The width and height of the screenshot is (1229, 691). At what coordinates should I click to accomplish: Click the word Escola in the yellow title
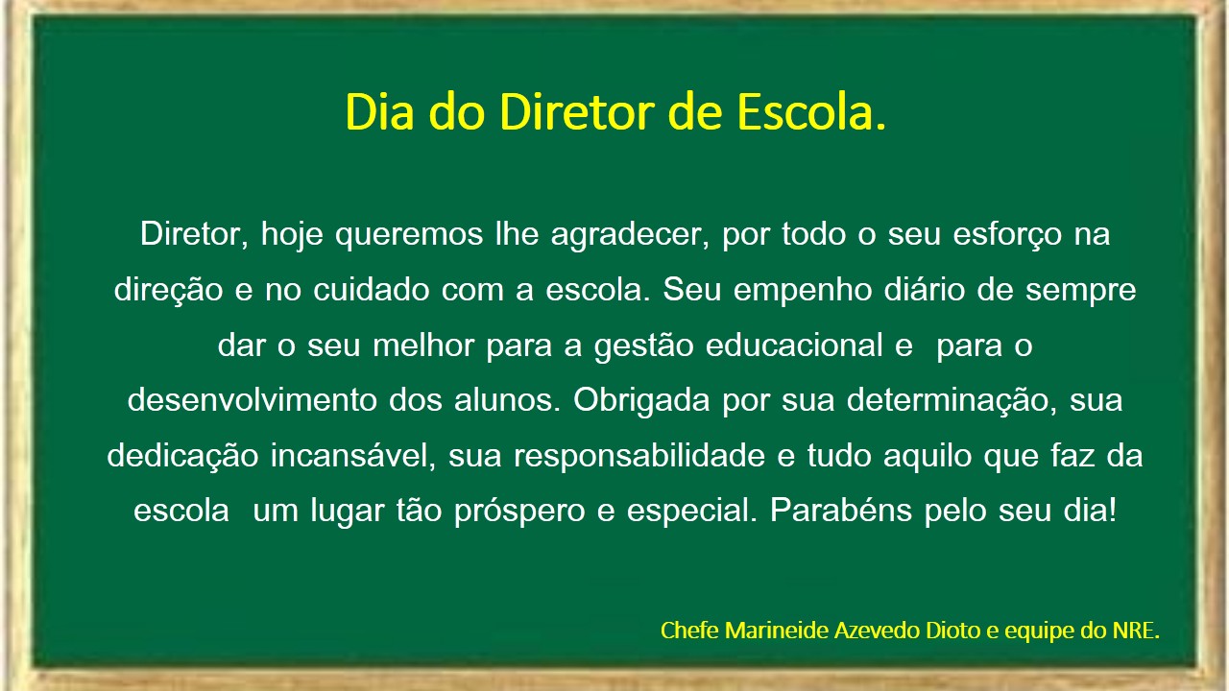[x=806, y=112]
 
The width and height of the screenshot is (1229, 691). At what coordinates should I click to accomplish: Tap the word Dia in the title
[x=379, y=112]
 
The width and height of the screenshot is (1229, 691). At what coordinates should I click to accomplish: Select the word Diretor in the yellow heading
[x=577, y=112]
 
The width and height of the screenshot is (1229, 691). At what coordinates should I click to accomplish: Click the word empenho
[x=803, y=291]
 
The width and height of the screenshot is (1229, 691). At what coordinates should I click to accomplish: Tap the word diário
[x=925, y=290]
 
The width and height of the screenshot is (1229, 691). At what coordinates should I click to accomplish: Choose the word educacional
[x=794, y=345]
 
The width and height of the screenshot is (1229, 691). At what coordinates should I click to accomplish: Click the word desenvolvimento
[x=253, y=400]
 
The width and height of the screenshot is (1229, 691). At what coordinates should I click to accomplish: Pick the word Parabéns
[x=841, y=511]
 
